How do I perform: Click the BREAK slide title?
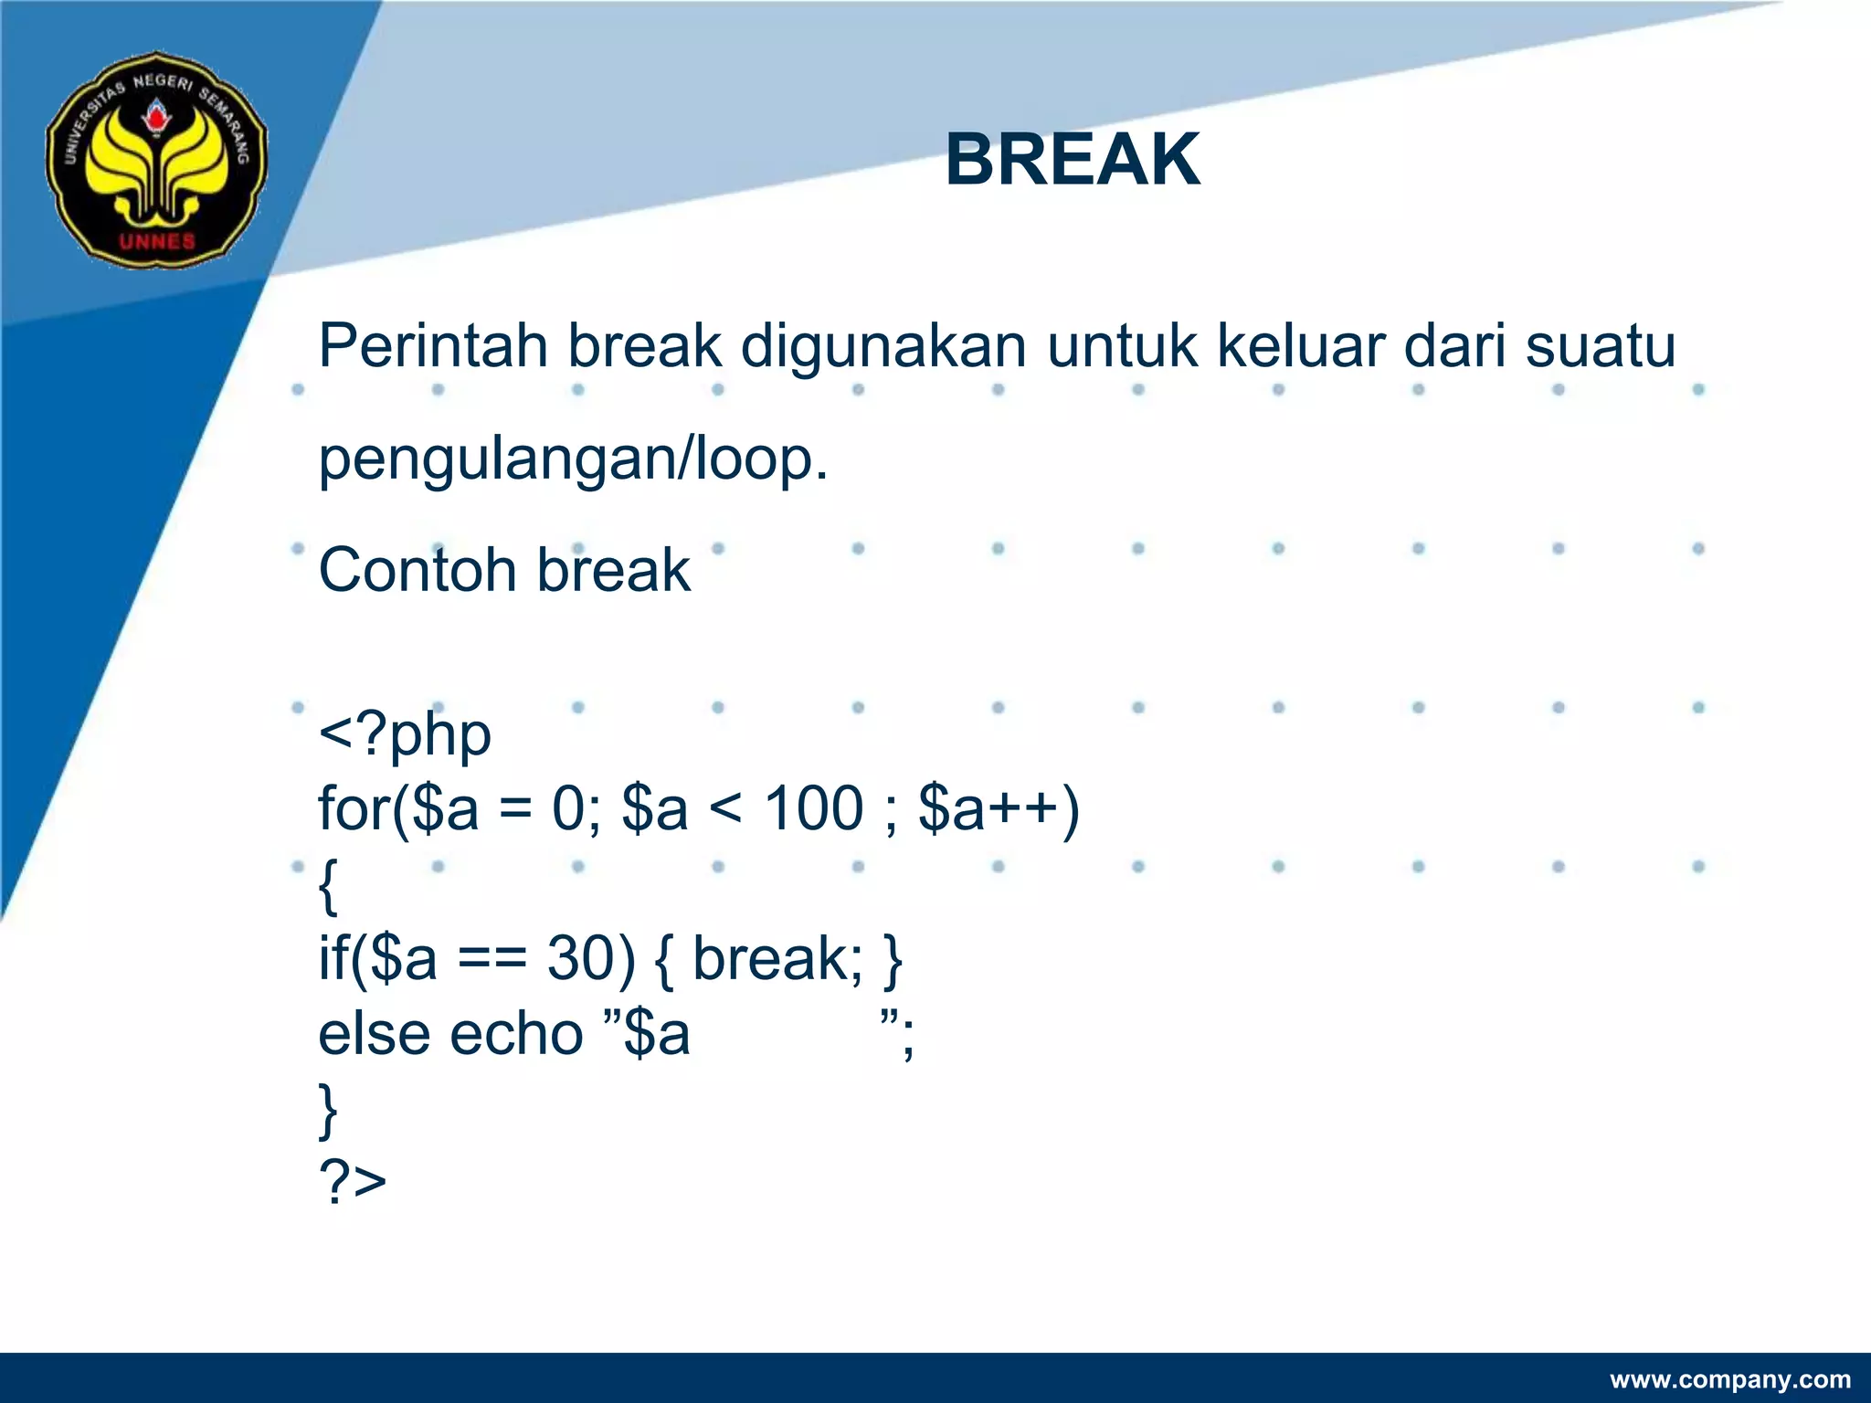(x=1073, y=160)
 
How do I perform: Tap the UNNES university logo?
(x=156, y=160)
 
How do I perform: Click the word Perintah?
(x=433, y=347)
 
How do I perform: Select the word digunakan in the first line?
(x=883, y=347)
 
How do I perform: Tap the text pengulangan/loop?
(x=573, y=460)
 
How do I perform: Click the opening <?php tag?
(x=405, y=736)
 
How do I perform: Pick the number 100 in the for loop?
(x=813, y=809)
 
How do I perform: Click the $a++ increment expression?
(x=998, y=809)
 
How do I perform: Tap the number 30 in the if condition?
(x=591, y=959)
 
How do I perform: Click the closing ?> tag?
(x=353, y=1182)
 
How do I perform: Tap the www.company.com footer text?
(x=1730, y=1379)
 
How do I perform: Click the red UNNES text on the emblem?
(x=157, y=241)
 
